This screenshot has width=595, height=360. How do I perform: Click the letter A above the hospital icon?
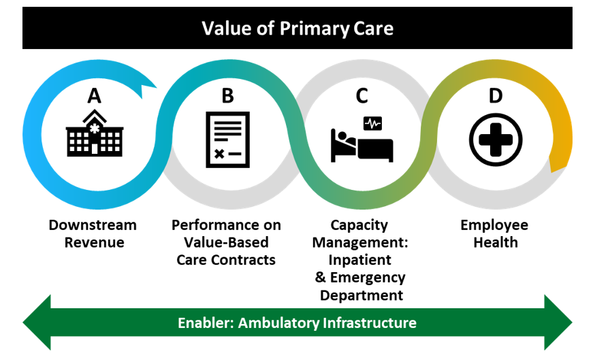pos(94,96)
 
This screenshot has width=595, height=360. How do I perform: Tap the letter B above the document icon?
pos(227,96)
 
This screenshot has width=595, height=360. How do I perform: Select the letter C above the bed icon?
pos(361,96)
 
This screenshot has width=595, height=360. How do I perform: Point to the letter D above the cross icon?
pos(496,96)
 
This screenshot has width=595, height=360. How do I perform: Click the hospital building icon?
pos(94,135)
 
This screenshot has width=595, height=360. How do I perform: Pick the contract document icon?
pos(227,139)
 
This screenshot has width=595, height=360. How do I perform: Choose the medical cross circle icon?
pos(496,140)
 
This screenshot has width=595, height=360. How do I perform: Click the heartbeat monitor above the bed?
pos(372,123)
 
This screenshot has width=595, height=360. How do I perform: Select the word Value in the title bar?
pos(223,29)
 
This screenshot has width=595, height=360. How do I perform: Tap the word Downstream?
pos(93,225)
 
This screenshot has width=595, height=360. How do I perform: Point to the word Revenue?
pos(94,242)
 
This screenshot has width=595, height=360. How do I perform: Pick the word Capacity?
pos(359,225)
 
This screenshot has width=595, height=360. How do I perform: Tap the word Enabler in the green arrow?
pos(203,322)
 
